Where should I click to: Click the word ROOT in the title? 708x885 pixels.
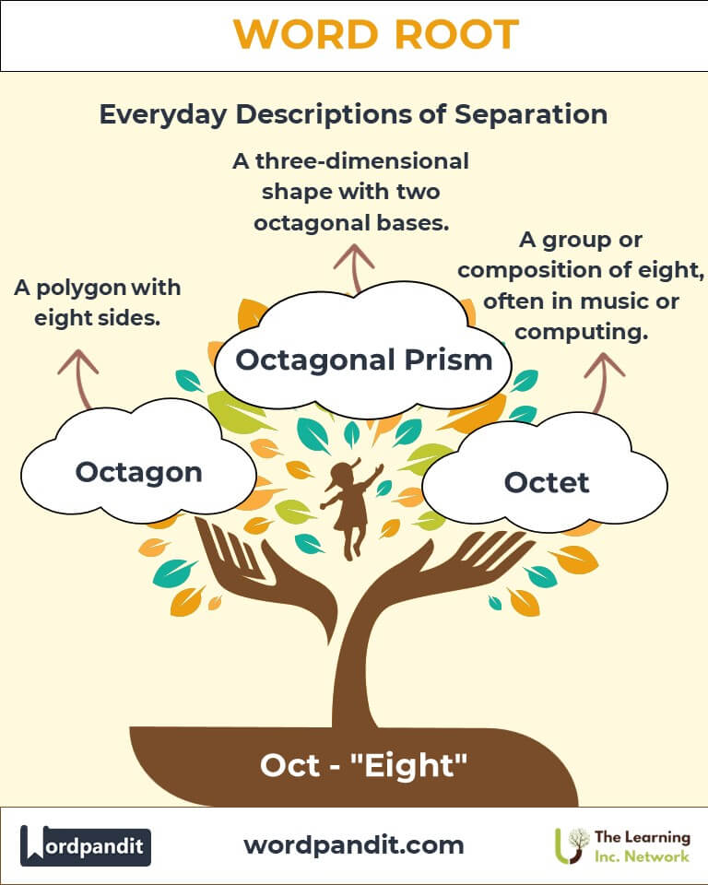click(456, 34)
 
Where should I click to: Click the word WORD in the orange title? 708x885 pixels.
click(305, 34)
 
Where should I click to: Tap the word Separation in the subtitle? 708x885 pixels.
click(531, 114)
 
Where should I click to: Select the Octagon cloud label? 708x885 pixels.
click(139, 473)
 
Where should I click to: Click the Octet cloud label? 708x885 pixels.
click(547, 482)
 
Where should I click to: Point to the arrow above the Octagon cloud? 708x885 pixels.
click(80, 379)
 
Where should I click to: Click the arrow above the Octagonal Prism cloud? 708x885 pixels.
click(354, 268)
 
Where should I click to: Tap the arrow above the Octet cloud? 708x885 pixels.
click(602, 383)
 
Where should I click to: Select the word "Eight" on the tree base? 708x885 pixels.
click(408, 766)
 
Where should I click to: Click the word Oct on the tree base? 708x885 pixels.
click(289, 766)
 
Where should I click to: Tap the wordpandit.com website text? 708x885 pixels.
click(354, 845)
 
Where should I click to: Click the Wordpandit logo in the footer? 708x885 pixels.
click(85, 845)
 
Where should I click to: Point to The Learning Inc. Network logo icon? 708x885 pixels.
click(571, 845)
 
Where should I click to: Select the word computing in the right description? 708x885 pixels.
click(581, 333)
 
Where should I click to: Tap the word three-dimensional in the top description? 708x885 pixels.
click(362, 161)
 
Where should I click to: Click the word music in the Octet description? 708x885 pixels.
click(614, 301)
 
